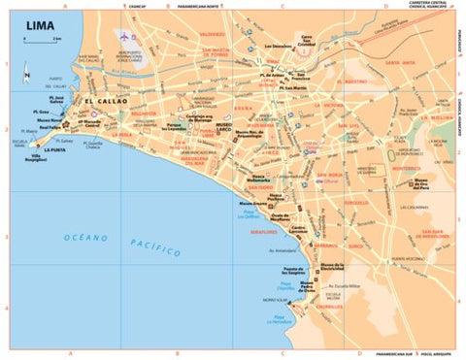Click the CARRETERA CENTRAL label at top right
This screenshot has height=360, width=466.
coord(427,5)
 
